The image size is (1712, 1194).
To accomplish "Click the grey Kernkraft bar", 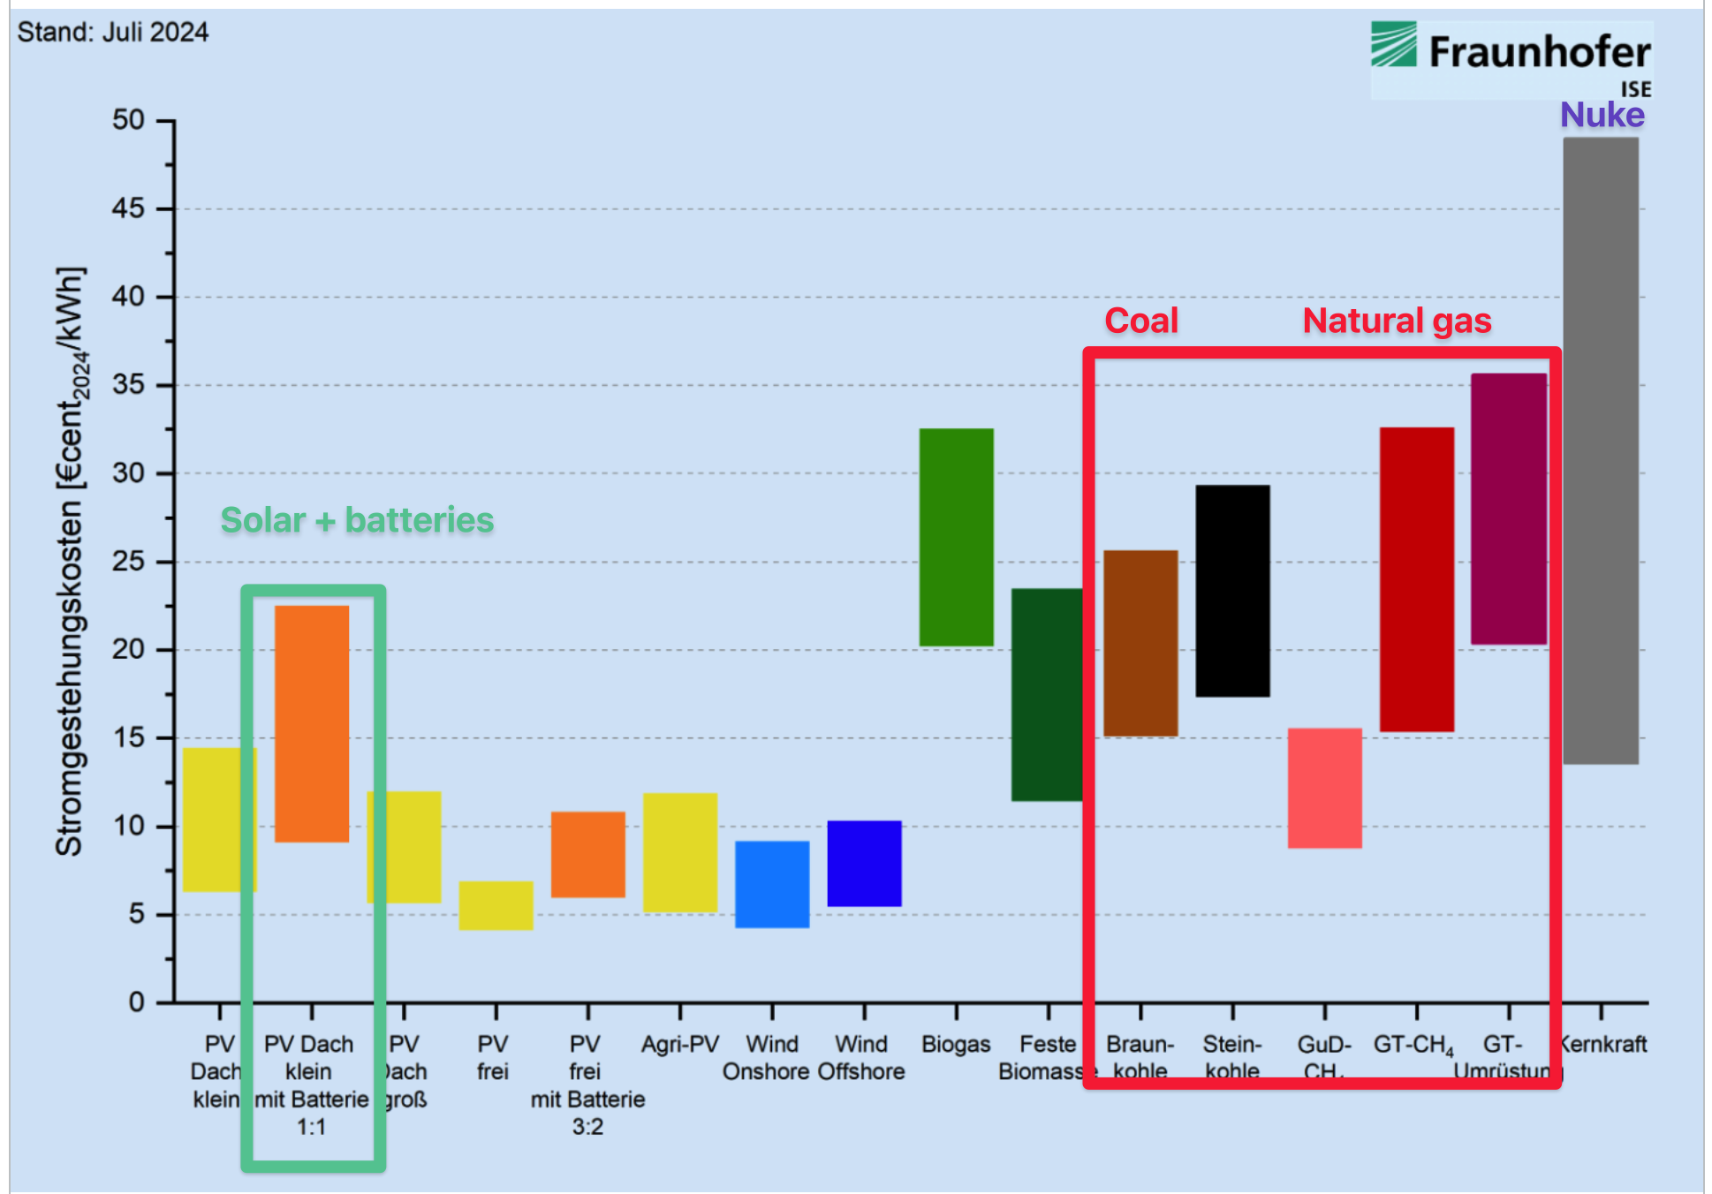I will coord(1600,450).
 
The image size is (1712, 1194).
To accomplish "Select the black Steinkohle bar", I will coord(1232,590).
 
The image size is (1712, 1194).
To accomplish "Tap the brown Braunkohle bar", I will coord(1140,643).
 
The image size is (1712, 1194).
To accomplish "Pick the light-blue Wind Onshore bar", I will coord(772,884).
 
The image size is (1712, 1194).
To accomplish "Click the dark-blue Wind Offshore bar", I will coord(864,863).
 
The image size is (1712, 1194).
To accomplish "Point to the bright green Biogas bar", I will coord(956,537).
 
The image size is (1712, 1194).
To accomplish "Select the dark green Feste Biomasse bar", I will coord(1047,694).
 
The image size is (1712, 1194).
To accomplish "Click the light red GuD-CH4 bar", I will coord(1324,788).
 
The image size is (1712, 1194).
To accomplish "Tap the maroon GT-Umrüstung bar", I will coord(1508,509).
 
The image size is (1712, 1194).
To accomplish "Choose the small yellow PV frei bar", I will coord(496,905).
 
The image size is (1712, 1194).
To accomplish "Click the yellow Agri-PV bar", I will coord(679,852).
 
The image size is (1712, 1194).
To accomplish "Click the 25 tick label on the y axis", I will coord(128,562).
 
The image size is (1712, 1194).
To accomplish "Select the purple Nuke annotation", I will coord(1602,115).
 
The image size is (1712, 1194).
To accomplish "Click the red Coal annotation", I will coord(1141,321).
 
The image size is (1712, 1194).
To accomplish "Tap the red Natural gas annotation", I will coord(1397,321).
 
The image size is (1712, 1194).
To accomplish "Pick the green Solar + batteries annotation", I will coord(357,520).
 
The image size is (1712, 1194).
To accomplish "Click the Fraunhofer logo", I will coord(1511,55).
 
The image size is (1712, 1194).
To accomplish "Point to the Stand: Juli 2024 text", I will coord(113,33).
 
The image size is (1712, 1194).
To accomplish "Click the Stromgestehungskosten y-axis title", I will coord(71,561).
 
